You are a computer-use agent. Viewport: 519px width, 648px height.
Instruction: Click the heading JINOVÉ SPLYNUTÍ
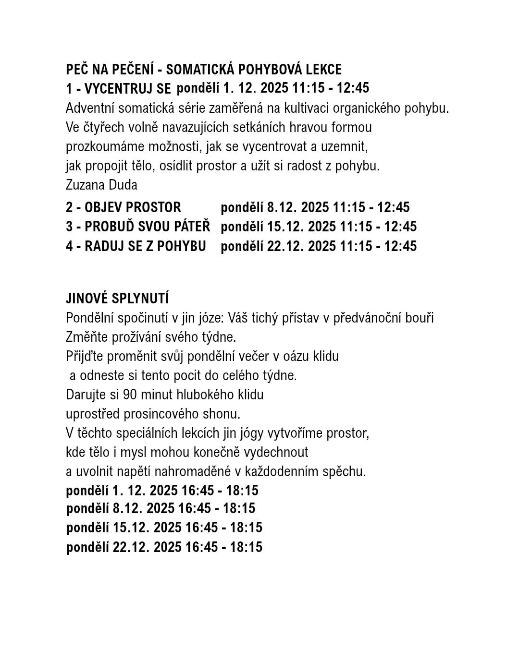(x=117, y=299)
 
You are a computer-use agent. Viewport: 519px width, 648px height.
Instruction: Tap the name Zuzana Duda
(x=101, y=185)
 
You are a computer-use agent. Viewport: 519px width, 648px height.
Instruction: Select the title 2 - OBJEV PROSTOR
(x=124, y=207)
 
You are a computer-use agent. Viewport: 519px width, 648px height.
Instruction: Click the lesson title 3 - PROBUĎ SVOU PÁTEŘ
(x=138, y=227)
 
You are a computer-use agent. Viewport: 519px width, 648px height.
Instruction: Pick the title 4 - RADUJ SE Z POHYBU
(x=136, y=246)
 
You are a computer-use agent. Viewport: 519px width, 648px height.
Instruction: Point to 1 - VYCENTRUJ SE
(x=118, y=89)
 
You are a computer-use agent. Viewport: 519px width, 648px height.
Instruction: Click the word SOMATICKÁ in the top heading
(x=199, y=70)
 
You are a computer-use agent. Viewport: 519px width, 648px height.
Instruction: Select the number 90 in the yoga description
(x=130, y=395)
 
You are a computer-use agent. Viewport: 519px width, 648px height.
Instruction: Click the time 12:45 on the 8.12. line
(x=393, y=207)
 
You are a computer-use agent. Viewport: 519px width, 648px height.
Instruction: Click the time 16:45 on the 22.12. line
(x=201, y=547)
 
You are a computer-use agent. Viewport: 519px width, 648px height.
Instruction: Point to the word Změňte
(x=86, y=337)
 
